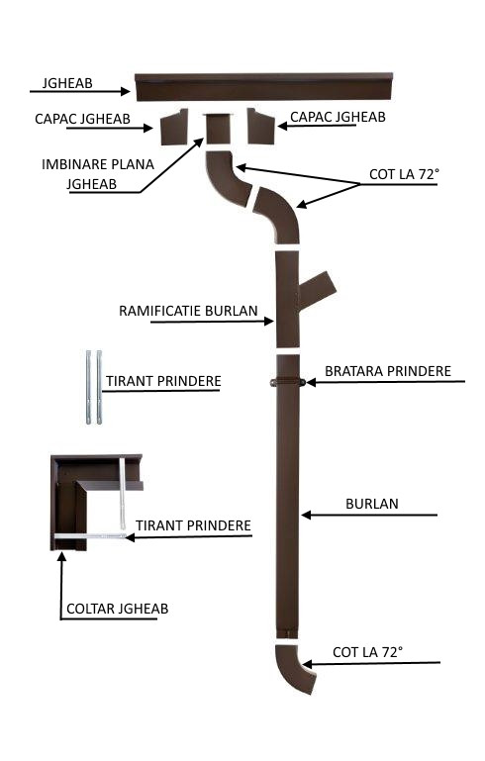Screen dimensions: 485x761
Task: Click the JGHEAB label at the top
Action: tap(67, 83)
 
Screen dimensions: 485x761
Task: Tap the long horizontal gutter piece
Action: tap(263, 87)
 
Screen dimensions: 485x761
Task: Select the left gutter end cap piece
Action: tap(174, 127)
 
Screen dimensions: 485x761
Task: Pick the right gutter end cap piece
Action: tap(260, 127)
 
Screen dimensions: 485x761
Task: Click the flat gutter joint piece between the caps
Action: tap(217, 128)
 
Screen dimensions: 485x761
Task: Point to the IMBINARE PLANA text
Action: tap(98, 164)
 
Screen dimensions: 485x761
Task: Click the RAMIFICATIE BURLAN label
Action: tap(188, 311)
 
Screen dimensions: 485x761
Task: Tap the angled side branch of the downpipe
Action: tap(317, 290)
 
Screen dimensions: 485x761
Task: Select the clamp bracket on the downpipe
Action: tap(288, 382)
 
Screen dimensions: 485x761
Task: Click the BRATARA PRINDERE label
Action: tap(388, 371)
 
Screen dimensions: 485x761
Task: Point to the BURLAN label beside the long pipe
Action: tap(372, 504)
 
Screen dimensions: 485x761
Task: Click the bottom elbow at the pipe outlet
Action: tap(293, 667)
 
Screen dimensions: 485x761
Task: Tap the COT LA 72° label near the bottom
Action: tap(368, 652)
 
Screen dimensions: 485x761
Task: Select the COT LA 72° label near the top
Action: tap(405, 175)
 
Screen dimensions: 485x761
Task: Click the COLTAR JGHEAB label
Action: tap(118, 609)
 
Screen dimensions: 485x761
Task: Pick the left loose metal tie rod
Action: tap(88, 387)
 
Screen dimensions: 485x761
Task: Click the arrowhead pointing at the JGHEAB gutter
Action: tap(126, 91)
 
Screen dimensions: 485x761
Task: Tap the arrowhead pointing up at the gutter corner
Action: tap(61, 556)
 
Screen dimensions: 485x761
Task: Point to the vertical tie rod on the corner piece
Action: tap(122, 493)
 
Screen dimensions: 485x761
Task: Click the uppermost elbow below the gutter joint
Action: tap(228, 177)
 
